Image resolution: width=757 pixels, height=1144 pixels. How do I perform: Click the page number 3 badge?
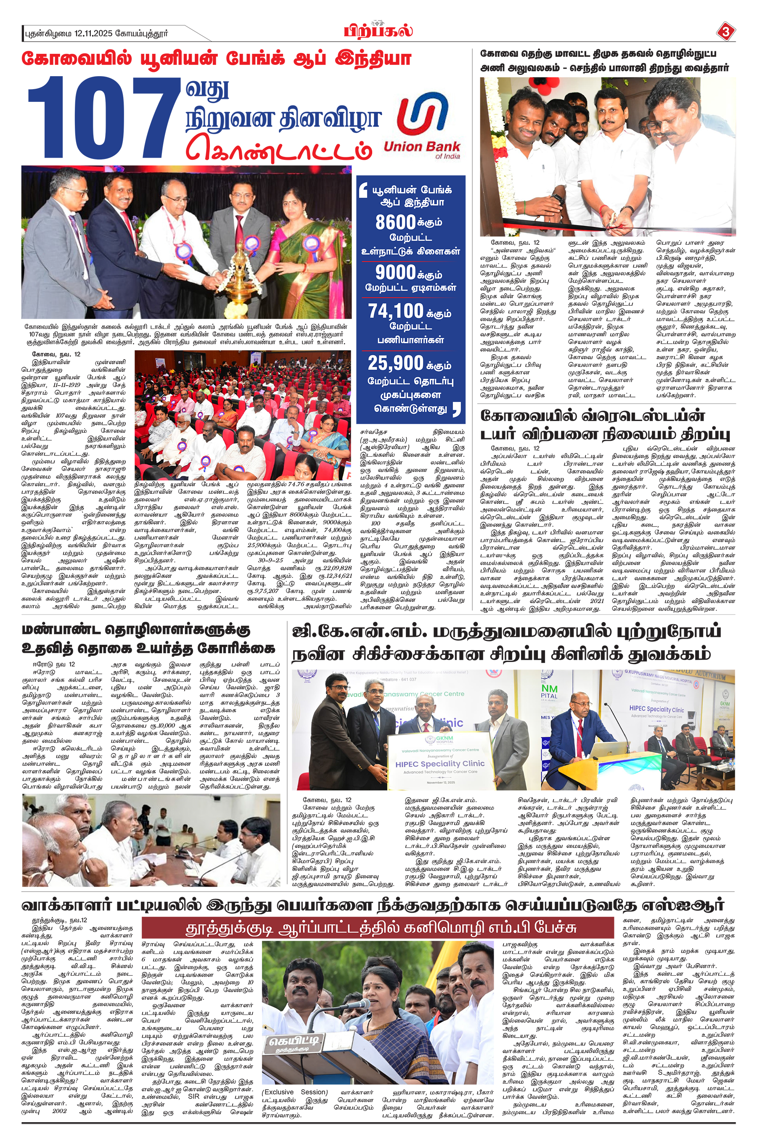725,32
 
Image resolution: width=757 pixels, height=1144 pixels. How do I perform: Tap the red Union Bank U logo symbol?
422,117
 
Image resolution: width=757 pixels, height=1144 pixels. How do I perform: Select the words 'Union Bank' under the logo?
421,147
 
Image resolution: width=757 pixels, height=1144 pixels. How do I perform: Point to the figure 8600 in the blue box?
395,222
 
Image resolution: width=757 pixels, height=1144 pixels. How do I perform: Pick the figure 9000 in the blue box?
395,272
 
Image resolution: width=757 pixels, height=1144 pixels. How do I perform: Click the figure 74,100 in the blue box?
395,311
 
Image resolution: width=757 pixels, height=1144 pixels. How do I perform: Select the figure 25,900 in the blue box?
395,363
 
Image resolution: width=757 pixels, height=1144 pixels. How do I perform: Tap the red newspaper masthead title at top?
378,31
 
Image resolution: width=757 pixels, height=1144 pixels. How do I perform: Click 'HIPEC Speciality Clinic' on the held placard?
440,764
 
